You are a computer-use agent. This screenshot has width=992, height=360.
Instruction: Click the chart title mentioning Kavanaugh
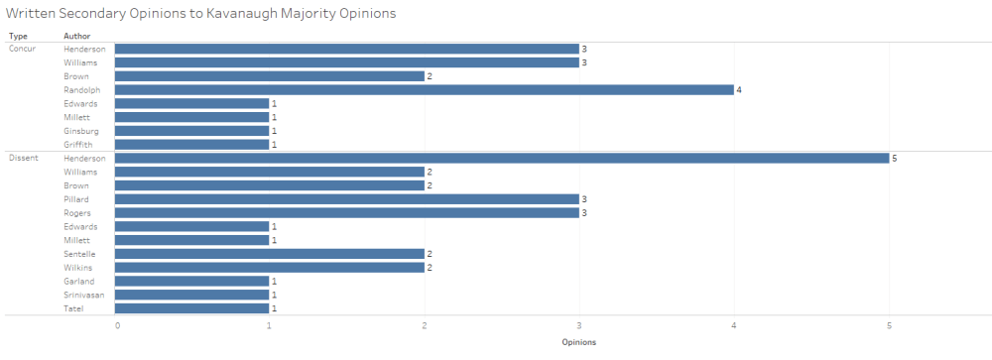(x=201, y=13)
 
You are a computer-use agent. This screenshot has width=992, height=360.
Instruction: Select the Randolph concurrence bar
(x=424, y=89)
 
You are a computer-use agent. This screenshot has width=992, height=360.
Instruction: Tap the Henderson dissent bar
(x=501, y=158)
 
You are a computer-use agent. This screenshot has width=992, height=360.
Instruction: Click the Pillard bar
(x=346, y=199)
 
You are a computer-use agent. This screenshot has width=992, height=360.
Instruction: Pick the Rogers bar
(x=346, y=212)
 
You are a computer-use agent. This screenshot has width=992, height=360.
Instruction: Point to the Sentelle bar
(x=269, y=254)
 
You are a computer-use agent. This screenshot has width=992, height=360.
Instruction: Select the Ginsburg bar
(x=191, y=131)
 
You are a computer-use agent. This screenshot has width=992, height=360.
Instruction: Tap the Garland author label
(x=78, y=281)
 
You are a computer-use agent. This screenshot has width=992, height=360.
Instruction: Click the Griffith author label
(x=78, y=144)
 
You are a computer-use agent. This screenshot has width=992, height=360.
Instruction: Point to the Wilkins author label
(x=78, y=268)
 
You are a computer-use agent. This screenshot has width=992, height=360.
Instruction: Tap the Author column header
(x=76, y=36)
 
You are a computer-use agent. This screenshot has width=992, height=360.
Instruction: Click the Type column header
(x=18, y=36)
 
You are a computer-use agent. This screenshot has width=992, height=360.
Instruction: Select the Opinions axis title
(x=579, y=342)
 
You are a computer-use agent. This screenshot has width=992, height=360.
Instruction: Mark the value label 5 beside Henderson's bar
(x=895, y=159)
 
